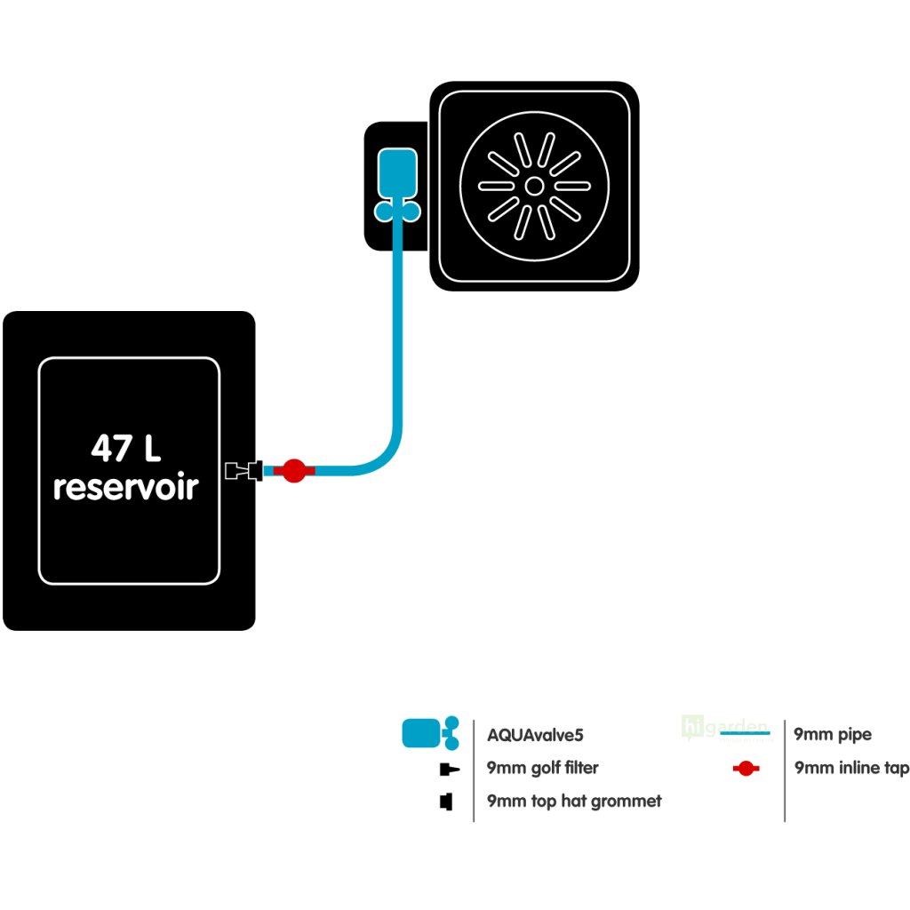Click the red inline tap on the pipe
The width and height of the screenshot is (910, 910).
coord(294,470)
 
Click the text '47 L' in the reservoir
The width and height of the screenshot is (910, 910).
coord(126,449)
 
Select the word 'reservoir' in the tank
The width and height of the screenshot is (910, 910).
coord(125,487)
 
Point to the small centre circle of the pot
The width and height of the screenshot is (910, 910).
coord(534,186)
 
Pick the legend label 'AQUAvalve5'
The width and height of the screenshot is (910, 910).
coord(536,735)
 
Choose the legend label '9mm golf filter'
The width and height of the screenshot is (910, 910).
coord(543,768)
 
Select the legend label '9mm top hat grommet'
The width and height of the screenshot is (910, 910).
coord(574,801)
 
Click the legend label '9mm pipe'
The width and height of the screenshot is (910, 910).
coord(833,734)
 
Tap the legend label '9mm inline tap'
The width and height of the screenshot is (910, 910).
coord(851,768)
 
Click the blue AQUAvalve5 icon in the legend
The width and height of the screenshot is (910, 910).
coord(430,733)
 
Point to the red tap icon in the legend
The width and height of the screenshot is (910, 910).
coord(746,769)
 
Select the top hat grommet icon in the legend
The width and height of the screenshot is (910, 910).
coord(446,802)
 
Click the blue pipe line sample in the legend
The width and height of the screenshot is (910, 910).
coord(745,735)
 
